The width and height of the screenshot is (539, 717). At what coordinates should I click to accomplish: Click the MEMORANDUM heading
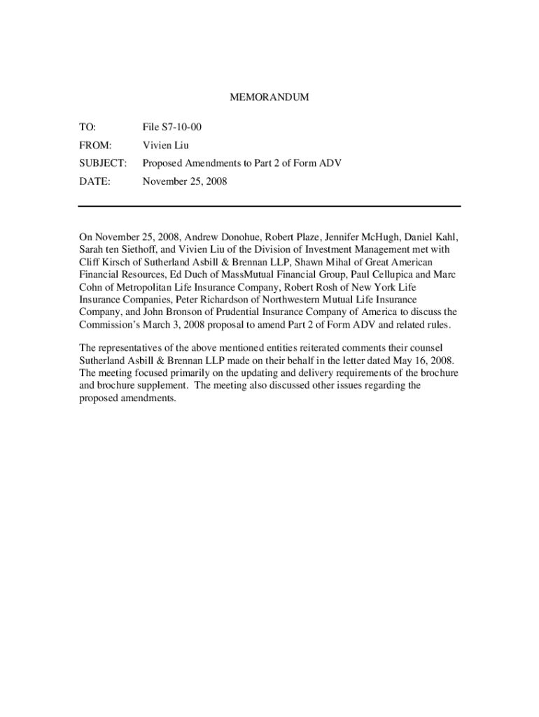point(269,97)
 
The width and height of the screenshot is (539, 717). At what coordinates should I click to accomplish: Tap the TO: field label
point(87,127)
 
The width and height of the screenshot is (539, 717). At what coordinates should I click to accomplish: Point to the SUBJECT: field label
point(102,163)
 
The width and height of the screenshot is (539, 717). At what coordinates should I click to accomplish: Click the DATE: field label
point(93,181)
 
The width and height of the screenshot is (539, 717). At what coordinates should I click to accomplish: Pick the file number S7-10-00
point(183,127)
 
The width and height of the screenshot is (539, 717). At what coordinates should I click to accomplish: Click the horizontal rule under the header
point(269,206)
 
